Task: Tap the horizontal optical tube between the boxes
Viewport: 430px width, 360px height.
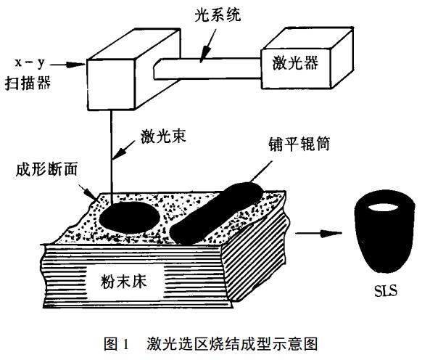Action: pos(203,70)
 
